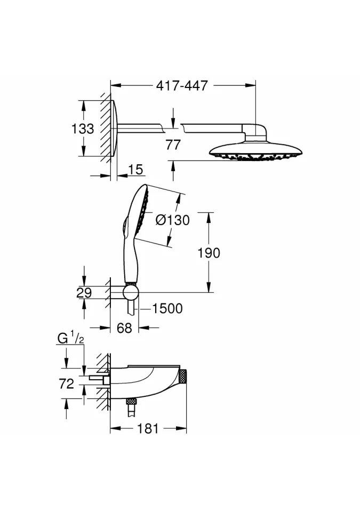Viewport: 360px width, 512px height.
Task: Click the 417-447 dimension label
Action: (x=182, y=85)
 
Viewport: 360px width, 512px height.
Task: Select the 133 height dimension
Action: (x=83, y=129)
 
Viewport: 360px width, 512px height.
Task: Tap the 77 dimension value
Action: (x=173, y=145)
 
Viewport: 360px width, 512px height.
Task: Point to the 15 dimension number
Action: (x=135, y=170)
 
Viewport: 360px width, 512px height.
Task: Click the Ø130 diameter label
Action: (x=172, y=220)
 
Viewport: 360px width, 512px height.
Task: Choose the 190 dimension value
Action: (x=209, y=253)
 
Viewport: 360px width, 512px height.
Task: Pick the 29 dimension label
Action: (x=84, y=293)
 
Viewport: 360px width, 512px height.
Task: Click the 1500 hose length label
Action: (x=167, y=309)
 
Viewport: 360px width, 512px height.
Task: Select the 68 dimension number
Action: (x=124, y=328)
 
